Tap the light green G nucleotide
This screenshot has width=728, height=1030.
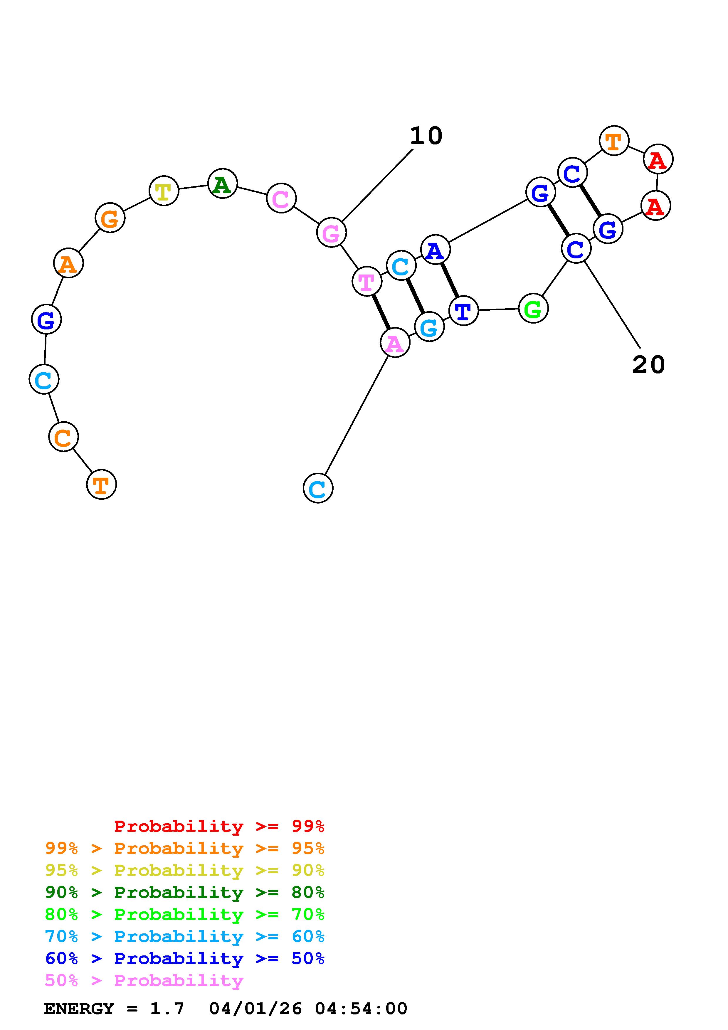533,308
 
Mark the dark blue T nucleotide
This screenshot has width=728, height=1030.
463,310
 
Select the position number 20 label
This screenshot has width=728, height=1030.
648,365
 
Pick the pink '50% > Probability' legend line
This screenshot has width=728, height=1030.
144,981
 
